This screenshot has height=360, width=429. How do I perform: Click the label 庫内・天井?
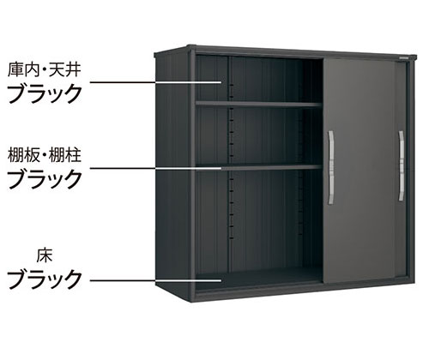45,70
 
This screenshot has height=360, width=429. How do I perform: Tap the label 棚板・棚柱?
45,156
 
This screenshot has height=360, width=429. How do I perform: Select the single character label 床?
45,255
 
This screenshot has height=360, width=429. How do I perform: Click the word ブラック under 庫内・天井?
45,93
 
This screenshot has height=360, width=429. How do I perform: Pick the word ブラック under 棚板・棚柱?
45,178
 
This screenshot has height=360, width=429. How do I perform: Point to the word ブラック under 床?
45,278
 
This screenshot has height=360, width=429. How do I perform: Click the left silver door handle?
331,167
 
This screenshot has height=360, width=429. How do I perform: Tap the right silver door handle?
402,165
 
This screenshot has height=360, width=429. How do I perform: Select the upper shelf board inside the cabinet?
259,105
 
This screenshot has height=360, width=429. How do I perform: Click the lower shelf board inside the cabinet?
259,167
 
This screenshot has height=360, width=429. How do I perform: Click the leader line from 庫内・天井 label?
156,82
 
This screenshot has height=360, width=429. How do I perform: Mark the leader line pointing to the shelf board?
156,168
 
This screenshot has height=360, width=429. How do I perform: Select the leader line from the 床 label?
156,280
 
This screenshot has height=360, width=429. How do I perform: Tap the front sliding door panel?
365,171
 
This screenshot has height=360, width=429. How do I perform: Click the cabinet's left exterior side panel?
173,174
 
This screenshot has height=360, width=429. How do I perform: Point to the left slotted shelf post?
230,161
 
